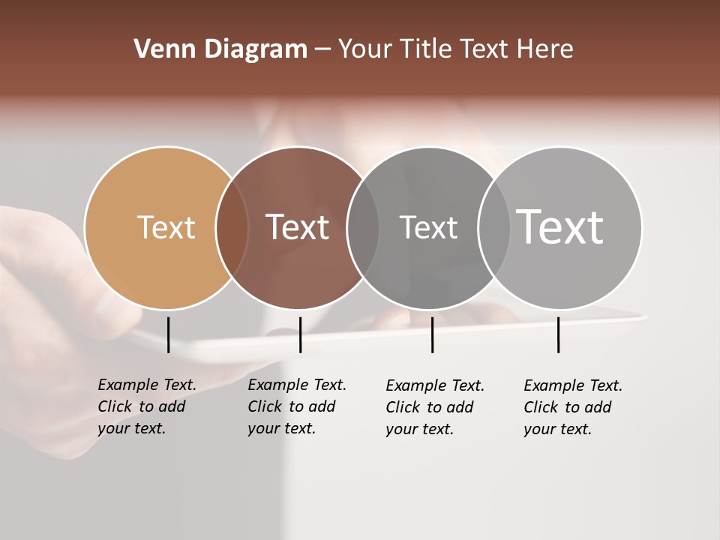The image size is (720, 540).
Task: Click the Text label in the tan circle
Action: click(166, 227)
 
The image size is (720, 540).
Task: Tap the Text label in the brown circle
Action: click(297, 227)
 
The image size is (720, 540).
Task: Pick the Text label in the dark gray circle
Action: click(428, 227)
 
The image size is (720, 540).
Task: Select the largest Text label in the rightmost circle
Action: click(560, 227)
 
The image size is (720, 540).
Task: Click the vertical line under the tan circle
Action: click(169, 334)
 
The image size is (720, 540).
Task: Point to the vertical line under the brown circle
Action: click(300, 334)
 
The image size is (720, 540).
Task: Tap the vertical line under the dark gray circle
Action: click(432, 334)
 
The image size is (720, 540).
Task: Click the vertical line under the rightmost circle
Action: click(558, 334)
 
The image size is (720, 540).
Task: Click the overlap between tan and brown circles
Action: click(232, 228)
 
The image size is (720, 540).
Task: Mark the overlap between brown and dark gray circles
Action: click(363, 228)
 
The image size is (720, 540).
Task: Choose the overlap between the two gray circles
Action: click(494, 228)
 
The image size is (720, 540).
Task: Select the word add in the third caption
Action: click(460, 407)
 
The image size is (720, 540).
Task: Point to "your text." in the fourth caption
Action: click(557, 429)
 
